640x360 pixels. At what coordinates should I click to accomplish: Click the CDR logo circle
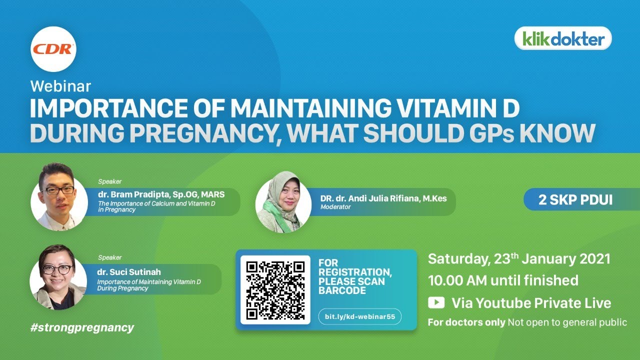(53, 49)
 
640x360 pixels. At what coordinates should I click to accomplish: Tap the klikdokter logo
(563, 38)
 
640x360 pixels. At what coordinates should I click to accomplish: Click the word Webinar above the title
(60, 86)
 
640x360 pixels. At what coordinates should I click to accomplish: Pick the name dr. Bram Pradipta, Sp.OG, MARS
(161, 194)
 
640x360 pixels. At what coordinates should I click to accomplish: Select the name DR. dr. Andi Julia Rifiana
(383, 198)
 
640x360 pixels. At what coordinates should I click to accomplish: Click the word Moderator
(335, 207)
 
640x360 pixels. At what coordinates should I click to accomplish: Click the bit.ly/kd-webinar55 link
(360, 316)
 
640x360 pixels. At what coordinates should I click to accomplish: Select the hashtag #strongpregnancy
(82, 327)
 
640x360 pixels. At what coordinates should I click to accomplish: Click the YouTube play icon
(436, 302)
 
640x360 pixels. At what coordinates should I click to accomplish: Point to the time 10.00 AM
(457, 280)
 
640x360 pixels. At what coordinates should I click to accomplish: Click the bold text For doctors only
(466, 322)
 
